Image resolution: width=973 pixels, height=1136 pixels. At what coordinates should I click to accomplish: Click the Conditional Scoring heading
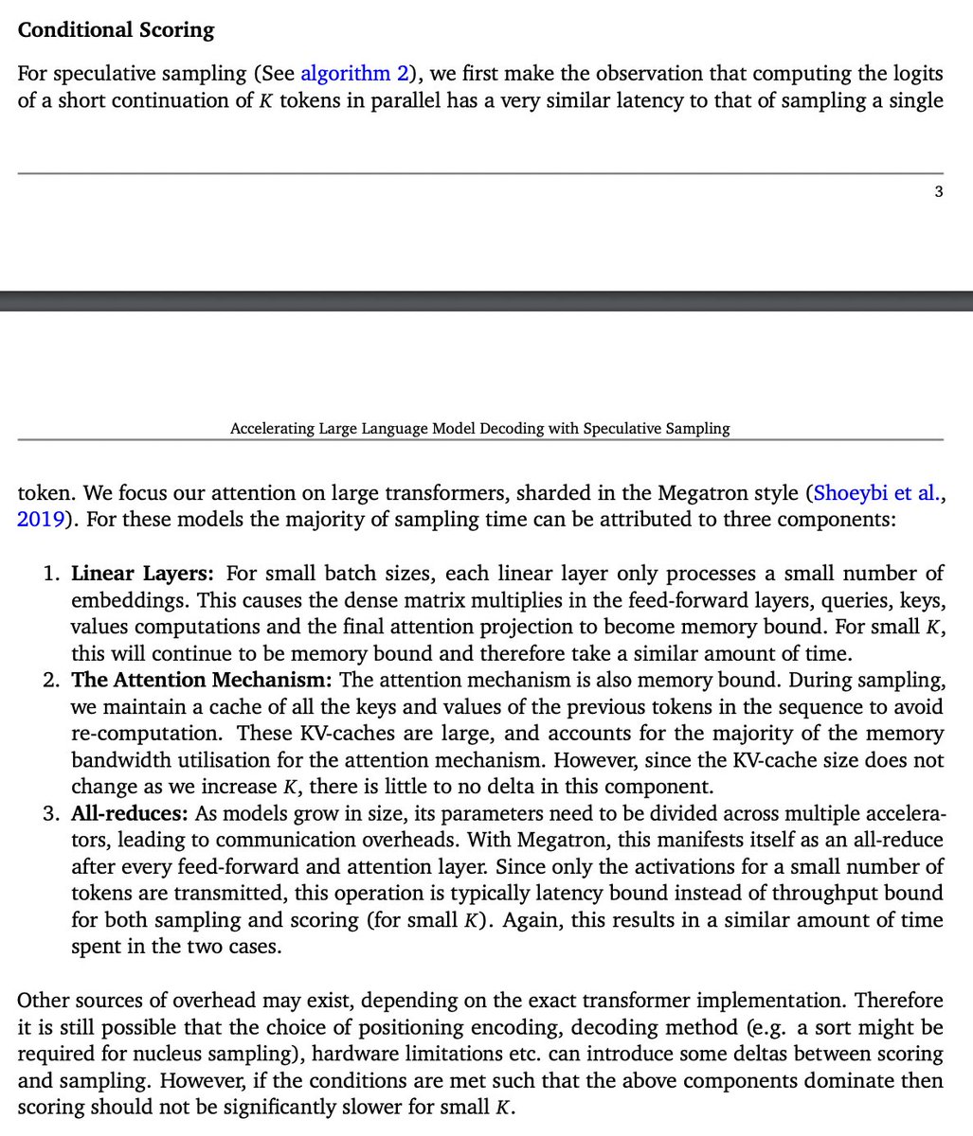click(116, 29)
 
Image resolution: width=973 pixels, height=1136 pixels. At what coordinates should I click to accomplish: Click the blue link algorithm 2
click(353, 73)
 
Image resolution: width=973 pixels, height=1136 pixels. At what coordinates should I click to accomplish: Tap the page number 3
click(938, 192)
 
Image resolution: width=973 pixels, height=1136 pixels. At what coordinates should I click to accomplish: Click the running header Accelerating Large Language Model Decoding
click(479, 428)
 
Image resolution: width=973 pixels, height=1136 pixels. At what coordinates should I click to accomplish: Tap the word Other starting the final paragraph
click(42, 1001)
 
